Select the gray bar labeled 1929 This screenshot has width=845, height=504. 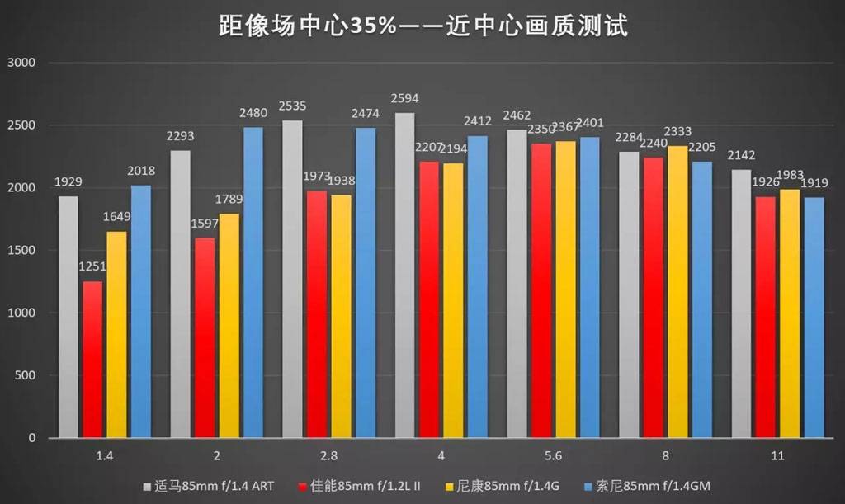[x=68, y=317]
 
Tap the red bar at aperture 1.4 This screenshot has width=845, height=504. [x=92, y=360]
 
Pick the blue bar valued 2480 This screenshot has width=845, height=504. [x=253, y=282]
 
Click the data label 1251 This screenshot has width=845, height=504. [x=92, y=266]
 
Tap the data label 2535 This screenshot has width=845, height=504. [x=292, y=106]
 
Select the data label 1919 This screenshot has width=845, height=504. [x=814, y=182]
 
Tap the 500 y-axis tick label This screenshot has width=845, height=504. [x=25, y=375]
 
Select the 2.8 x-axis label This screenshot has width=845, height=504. [x=328, y=455]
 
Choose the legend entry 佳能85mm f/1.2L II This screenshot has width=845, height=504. [x=354, y=486]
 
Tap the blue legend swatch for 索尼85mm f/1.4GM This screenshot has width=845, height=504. [x=588, y=486]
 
